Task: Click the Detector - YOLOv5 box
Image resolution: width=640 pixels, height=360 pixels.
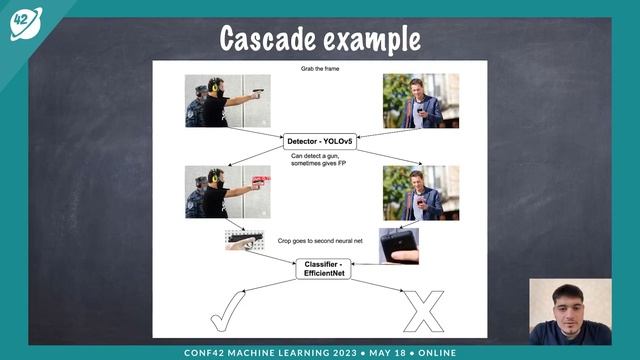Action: coord(321,141)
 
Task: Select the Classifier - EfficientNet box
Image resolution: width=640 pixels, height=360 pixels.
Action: coord(323,268)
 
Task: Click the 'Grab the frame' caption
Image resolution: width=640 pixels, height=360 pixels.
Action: coord(317,70)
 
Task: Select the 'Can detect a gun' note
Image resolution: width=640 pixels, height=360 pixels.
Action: coord(320,162)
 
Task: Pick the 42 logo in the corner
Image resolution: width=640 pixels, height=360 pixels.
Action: coord(25,23)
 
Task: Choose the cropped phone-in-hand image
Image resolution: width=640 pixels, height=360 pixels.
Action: coord(399,246)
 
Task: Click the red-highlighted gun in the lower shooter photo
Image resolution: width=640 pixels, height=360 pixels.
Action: coord(261,182)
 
